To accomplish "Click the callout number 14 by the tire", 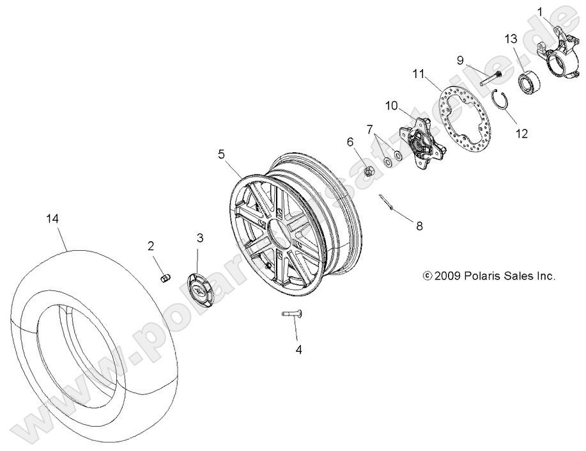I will [52, 219].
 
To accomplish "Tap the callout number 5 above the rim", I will [221, 154].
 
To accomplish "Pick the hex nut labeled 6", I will [368, 171].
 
